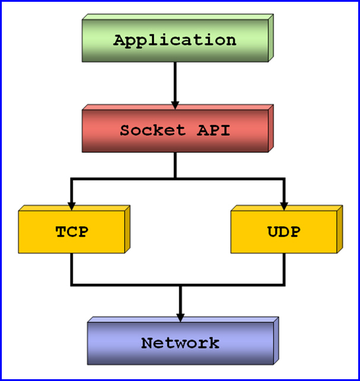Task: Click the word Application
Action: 175,40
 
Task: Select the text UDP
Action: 283,232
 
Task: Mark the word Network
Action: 180,343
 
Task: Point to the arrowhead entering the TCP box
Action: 71,206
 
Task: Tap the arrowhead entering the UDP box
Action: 284,206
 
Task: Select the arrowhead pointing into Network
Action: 180,317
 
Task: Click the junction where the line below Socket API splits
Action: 175,178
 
